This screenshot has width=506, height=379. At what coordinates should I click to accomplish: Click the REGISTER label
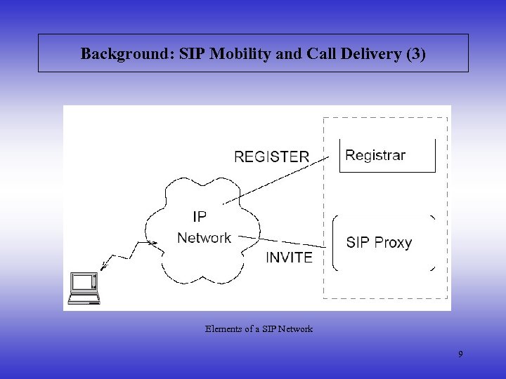(x=271, y=157)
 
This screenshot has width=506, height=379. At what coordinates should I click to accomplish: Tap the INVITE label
(x=289, y=258)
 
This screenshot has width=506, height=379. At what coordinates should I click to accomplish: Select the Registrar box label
(x=375, y=155)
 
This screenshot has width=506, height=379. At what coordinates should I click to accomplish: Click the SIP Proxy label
(x=379, y=243)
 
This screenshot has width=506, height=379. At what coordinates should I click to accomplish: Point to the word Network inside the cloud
(x=204, y=238)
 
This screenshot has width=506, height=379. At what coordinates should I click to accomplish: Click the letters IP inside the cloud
(x=199, y=216)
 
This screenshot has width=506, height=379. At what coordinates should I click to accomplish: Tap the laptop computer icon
(x=84, y=287)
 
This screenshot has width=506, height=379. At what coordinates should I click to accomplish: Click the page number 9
(x=460, y=354)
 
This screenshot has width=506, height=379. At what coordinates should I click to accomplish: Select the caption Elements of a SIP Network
(x=259, y=328)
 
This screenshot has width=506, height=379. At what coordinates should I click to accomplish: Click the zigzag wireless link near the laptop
(x=126, y=255)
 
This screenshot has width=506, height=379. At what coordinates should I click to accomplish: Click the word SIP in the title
(x=193, y=54)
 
